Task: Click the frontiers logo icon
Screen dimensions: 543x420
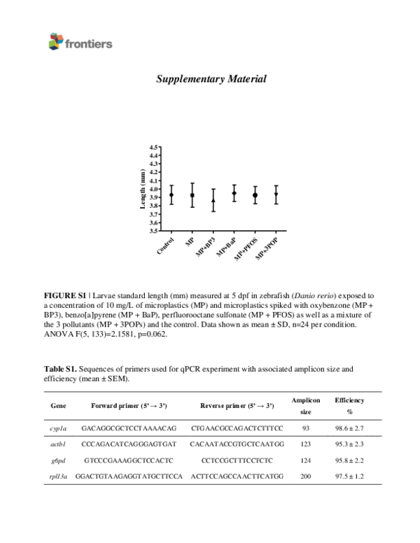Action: (x=55, y=43)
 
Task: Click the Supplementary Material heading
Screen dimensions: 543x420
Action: (x=211, y=79)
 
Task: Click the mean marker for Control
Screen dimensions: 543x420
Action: (x=171, y=195)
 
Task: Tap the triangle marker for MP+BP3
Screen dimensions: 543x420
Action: (x=213, y=200)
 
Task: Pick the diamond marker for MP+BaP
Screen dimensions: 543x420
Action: (x=234, y=193)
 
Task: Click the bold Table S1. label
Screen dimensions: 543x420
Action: (x=59, y=368)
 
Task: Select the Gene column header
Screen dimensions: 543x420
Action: (x=59, y=406)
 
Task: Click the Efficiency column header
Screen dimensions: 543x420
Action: (x=349, y=400)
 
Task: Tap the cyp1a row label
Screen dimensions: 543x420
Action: (x=59, y=426)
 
